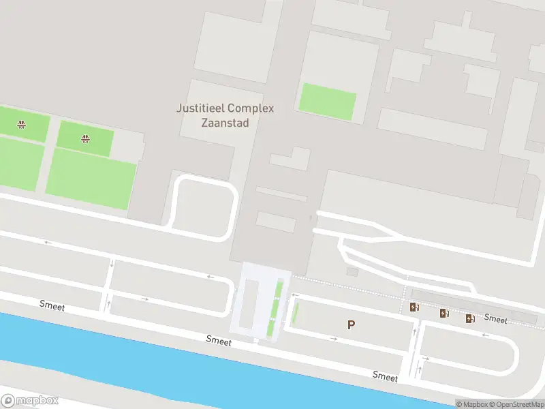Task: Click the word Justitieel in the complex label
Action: click(200, 108)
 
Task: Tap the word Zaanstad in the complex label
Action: click(225, 123)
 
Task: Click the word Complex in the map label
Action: click(251, 108)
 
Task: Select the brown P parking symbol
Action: click(351, 325)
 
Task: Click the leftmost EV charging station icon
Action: click(414, 307)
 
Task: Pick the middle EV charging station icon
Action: click(444, 314)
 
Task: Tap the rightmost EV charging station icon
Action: click(470, 318)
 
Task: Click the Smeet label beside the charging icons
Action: click(496, 319)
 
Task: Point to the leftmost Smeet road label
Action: click(52, 307)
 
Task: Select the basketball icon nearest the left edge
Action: click(22, 124)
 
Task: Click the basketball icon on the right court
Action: click(85, 139)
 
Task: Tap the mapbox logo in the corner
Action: click(30, 401)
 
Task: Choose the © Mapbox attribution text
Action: click(471, 404)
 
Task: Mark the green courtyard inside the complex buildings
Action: click(328, 102)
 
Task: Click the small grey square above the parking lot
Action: click(352, 272)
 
